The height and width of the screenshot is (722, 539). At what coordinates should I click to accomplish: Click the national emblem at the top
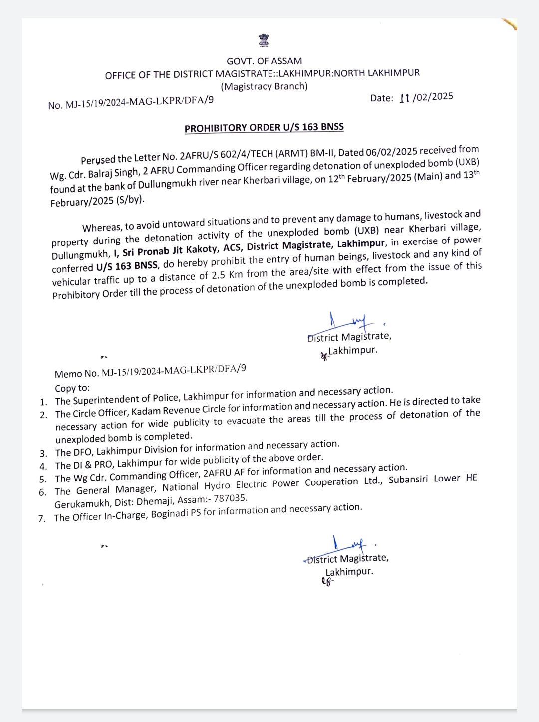click(263, 40)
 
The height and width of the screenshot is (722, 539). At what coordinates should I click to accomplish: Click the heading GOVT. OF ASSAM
click(264, 61)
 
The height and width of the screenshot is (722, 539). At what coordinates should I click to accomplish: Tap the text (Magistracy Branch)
click(264, 86)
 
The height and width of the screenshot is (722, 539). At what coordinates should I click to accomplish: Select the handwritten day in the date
click(404, 98)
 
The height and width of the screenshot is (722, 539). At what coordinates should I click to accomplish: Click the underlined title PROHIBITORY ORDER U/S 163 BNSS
click(264, 128)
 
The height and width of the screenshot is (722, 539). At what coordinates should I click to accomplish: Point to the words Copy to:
click(72, 388)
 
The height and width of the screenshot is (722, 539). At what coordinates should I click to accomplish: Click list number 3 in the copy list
click(44, 454)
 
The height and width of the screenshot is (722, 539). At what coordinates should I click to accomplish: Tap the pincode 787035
click(230, 498)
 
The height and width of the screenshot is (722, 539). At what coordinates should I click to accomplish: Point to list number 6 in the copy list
click(42, 492)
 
